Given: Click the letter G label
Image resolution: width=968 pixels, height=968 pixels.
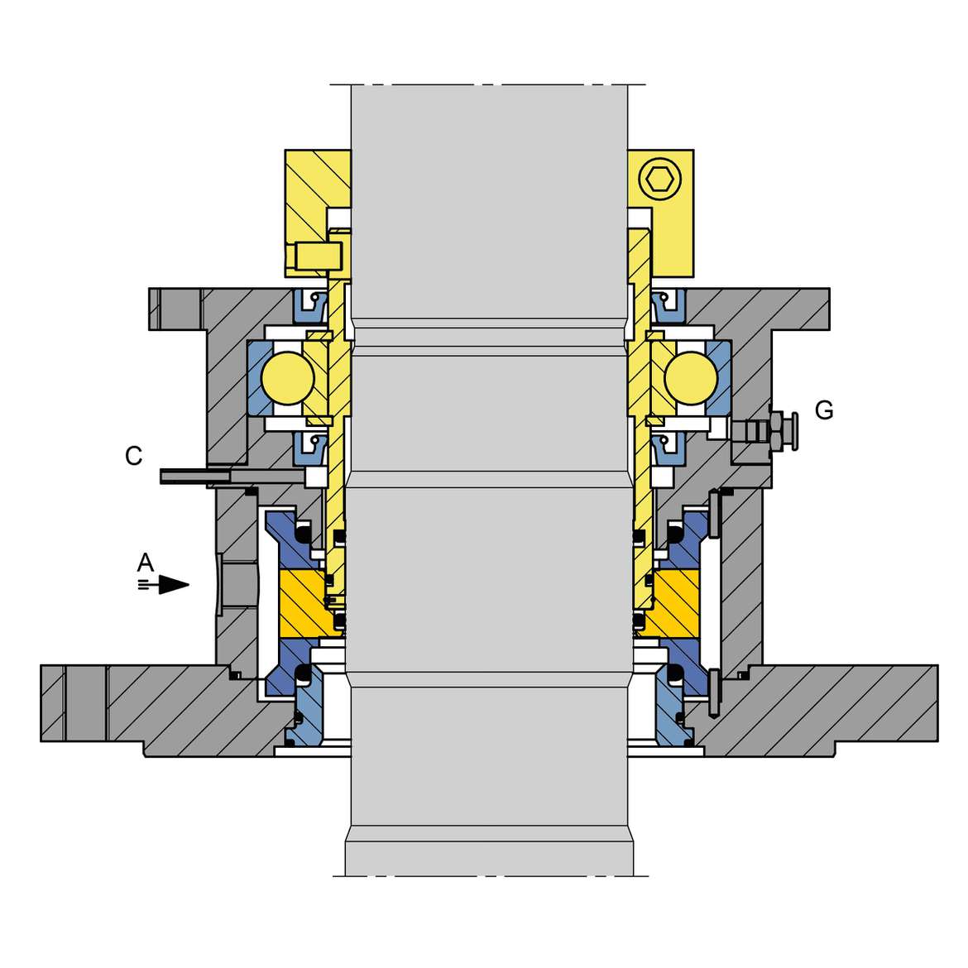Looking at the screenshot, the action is [x=824, y=410].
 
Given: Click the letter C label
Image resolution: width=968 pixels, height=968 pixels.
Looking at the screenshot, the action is [x=133, y=456].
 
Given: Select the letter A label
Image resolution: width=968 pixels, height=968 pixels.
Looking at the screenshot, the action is [x=145, y=563].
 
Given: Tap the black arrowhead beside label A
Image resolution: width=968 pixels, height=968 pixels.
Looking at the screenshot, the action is [x=174, y=585].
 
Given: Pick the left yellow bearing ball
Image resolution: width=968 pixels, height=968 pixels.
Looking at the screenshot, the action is [x=288, y=378].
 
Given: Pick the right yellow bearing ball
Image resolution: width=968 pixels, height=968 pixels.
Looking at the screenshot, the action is [x=692, y=378].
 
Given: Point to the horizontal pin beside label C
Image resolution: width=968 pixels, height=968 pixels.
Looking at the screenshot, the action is [x=232, y=476].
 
